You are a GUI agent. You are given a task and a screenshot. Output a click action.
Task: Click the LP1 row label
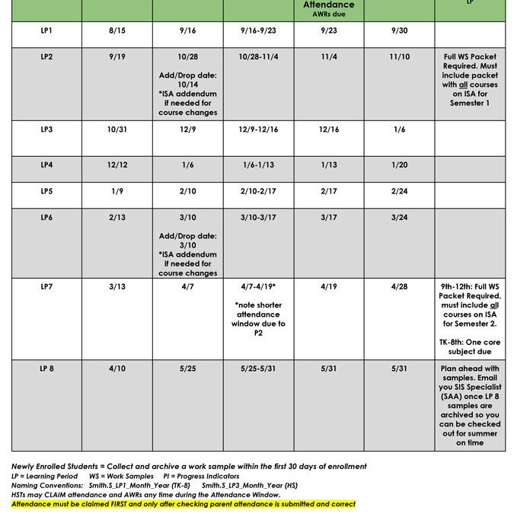pyautogui.click(x=46, y=31)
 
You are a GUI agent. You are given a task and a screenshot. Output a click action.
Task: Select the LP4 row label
pyautogui.click(x=46, y=164)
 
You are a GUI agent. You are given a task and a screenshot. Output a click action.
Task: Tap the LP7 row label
pyautogui.click(x=46, y=286)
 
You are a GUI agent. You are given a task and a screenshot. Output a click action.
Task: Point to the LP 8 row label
pyautogui.click(x=46, y=369)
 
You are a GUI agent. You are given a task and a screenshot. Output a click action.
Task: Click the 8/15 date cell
pyautogui.click(x=117, y=31)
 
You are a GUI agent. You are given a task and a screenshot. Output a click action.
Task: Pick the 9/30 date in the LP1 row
pyautogui.click(x=399, y=31)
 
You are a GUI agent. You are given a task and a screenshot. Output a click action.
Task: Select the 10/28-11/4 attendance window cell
pyautogui.click(x=258, y=57)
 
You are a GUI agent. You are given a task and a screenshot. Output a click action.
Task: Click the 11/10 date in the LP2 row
pyautogui.click(x=399, y=57)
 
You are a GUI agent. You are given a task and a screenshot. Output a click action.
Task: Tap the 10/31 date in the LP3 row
pyautogui.click(x=117, y=129)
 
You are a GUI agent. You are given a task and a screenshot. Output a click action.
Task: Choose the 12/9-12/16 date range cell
pyautogui.click(x=258, y=129)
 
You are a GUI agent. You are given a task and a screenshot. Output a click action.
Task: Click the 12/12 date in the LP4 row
pyautogui.click(x=117, y=164)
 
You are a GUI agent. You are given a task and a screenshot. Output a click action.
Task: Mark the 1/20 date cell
pyautogui.click(x=399, y=164)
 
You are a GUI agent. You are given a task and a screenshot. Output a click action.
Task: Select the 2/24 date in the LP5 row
pyautogui.click(x=399, y=191)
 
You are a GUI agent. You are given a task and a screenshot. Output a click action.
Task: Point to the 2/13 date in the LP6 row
pyautogui.click(x=117, y=217)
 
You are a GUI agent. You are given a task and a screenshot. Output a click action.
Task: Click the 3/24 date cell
pyautogui.click(x=399, y=217)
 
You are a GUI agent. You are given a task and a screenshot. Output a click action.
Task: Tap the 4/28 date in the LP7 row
pyautogui.click(x=399, y=286)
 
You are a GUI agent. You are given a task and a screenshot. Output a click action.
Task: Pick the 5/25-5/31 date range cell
pyautogui.click(x=258, y=369)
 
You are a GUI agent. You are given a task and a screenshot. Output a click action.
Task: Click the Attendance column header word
pyautogui.click(x=329, y=5)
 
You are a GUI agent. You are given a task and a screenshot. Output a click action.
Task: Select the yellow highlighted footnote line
pyautogui.click(x=184, y=504)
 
